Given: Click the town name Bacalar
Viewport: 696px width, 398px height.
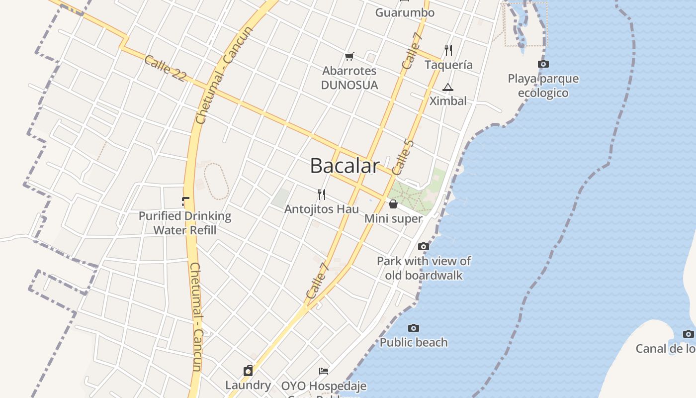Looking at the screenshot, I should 345,166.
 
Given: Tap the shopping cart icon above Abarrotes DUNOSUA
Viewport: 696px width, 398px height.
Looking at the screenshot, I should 349,56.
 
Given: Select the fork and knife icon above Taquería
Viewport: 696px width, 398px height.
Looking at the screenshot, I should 448,50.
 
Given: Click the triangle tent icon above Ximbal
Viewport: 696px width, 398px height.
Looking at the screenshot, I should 448,88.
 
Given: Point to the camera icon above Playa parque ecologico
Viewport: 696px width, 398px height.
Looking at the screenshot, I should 543,64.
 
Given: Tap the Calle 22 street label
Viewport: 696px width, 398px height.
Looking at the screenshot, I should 165,69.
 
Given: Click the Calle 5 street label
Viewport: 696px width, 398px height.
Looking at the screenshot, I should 403,157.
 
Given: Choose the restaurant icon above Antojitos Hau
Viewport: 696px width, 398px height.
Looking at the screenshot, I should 322,194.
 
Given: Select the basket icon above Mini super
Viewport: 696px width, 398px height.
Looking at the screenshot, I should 393,204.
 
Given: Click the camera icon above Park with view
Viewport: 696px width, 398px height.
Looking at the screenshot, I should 424,246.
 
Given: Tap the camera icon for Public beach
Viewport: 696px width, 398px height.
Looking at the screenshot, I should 414,328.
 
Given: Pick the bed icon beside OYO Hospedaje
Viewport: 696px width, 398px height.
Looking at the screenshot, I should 324,371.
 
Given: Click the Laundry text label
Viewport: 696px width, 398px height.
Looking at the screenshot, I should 248,385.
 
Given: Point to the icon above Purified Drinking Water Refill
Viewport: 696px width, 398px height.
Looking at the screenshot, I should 185,201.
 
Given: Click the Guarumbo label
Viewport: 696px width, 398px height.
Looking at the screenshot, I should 405,12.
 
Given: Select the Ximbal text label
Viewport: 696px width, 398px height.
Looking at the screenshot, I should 448,101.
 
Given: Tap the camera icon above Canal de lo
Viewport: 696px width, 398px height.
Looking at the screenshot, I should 688,334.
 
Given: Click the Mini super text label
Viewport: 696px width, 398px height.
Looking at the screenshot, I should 393,218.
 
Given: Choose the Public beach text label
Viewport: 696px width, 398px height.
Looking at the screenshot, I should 414,342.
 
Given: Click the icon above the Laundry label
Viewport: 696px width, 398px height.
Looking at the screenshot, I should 248,371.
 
